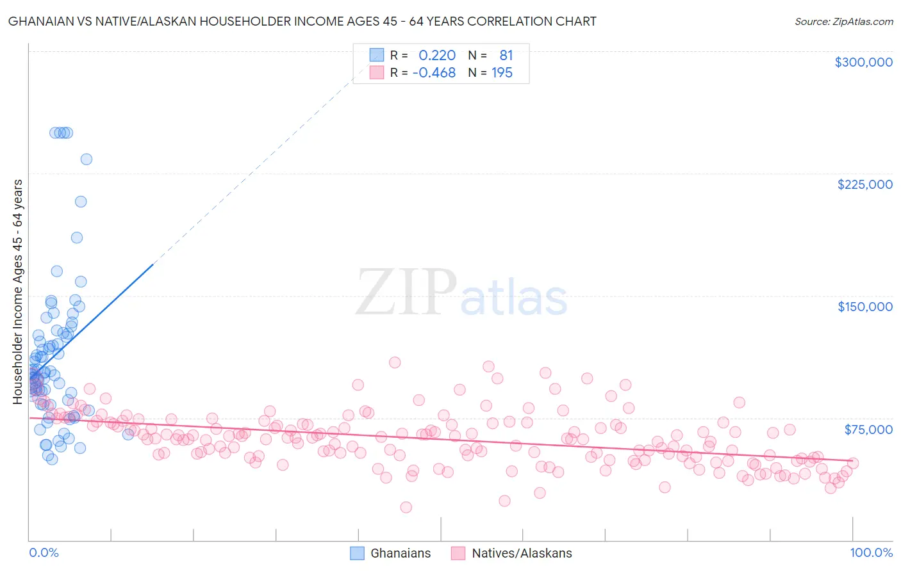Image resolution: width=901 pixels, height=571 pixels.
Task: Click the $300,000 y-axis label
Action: (x=863, y=62)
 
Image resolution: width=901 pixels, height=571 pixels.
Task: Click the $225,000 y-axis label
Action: (x=864, y=184)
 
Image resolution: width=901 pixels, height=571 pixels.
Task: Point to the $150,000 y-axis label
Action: (x=864, y=307)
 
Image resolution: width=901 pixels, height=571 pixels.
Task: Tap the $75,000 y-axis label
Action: (x=868, y=430)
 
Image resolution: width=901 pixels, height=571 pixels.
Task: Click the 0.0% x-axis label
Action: (x=44, y=552)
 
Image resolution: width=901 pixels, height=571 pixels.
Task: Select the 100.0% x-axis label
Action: (x=871, y=552)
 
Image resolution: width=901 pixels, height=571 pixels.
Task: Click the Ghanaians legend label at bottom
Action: (x=401, y=553)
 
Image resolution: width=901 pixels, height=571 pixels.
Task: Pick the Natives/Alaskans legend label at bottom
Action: (x=522, y=553)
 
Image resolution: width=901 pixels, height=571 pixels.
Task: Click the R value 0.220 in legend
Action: (x=437, y=56)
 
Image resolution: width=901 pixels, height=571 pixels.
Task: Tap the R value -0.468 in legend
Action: (x=434, y=73)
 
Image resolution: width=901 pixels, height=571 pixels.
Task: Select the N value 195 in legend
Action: (x=502, y=73)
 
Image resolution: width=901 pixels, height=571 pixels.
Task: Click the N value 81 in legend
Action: (x=506, y=56)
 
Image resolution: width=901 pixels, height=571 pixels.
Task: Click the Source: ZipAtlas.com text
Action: (x=843, y=22)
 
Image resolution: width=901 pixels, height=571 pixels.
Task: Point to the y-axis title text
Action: (x=18, y=292)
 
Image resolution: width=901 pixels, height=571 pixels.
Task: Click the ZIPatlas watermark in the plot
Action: (x=461, y=293)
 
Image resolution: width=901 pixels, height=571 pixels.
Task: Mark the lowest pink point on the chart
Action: (x=406, y=507)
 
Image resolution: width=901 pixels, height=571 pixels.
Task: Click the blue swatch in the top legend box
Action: (x=376, y=55)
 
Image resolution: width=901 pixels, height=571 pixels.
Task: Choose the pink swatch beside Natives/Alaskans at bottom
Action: (x=458, y=553)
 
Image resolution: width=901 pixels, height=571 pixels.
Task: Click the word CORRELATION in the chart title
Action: (x=511, y=22)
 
